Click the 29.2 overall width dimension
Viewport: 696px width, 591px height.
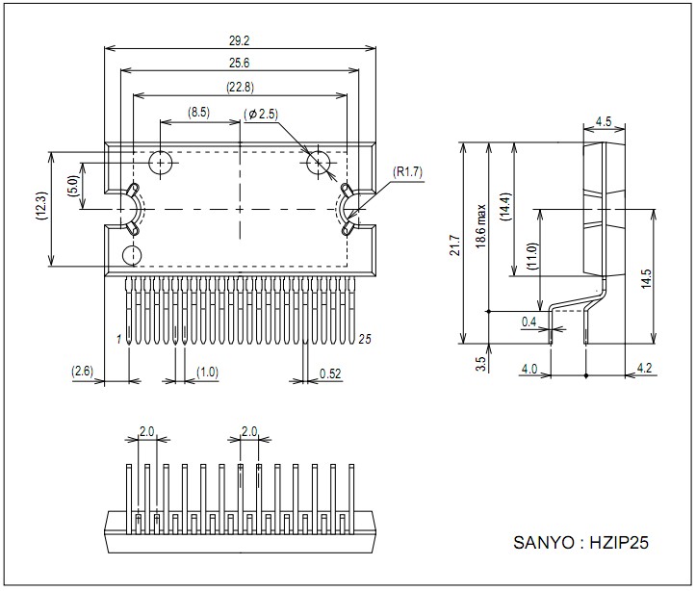click(x=240, y=40)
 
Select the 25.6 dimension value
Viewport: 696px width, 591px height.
click(x=240, y=63)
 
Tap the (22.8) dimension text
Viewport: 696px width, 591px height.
click(x=240, y=87)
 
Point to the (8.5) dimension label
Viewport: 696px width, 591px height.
click(x=198, y=112)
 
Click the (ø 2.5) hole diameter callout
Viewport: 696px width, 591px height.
click(x=261, y=115)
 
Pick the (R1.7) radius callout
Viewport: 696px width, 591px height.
click(x=408, y=171)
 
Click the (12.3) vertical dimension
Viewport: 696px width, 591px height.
click(x=40, y=207)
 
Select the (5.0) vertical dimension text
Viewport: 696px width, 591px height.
click(x=74, y=186)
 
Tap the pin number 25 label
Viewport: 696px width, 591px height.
click(x=365, y=340)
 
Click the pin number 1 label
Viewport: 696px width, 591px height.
click(x=118, y=340)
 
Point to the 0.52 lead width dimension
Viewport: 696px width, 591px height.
click(x=330, y=373)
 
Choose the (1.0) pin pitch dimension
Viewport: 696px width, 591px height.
click(x=207, y=372)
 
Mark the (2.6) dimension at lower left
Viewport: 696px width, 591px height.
click(x=83, y=371)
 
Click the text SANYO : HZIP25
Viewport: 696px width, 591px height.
click(x=581, y=542)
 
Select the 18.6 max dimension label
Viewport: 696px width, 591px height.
click(x=481, y=226)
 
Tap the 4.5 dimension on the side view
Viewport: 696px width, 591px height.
click(x=604, y=121)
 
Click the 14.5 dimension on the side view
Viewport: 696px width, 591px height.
click(x=646, y=278)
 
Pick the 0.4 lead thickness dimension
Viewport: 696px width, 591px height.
click(x=528, y=321)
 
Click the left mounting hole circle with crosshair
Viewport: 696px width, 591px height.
click(x=160, y=163)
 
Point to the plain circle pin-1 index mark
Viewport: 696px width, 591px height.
click(x=132, y=255)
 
